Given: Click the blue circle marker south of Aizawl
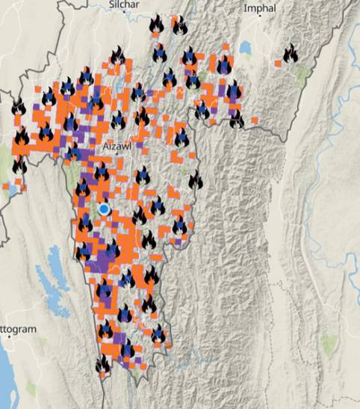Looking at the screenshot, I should tap(105, 209).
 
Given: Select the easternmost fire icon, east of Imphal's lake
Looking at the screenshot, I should tap(290, 53).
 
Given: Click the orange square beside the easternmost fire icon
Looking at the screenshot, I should tap(278, 64).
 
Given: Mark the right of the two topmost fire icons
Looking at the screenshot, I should tap(180, 25).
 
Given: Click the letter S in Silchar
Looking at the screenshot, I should tap(110, 5).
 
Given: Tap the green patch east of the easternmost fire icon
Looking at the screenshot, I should tap(302, 73).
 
